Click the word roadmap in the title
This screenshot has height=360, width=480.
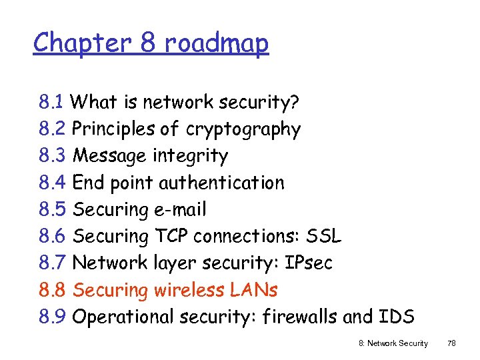point(216,43)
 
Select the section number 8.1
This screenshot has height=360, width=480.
point(51,102)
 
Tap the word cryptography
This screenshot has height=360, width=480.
point(243,129)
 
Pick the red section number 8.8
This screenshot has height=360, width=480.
point(52,290)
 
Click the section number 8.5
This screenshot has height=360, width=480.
point(52,209)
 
